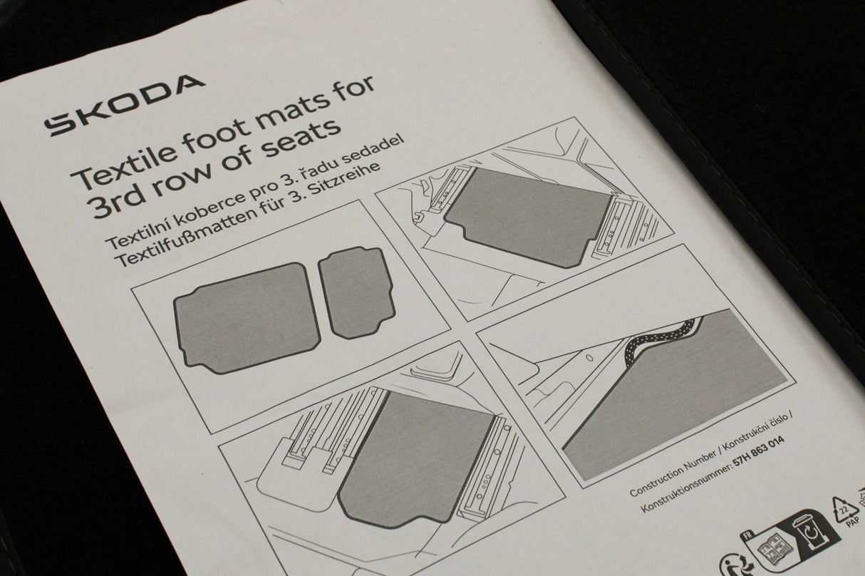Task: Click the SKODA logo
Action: [124, 105]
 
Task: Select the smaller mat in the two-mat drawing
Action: [356, 292]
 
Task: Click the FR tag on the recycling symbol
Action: [747, 537]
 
